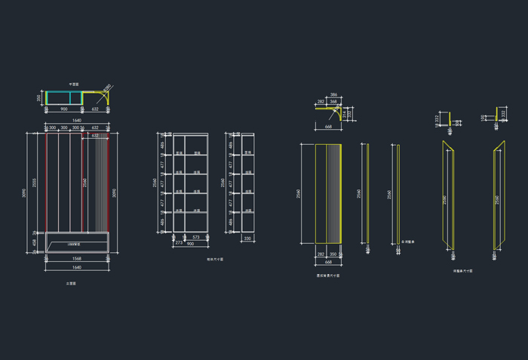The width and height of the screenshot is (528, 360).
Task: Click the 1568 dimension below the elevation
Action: pyautogui.click(x=77, y=259)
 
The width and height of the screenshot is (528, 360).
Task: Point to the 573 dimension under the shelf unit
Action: pyautogui.click(x=196, y=238)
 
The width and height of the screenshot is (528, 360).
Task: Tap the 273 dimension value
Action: pyautogui.click(x=179, y=243)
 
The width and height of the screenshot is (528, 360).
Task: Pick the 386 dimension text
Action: pyautogui.click(x=333, y=95)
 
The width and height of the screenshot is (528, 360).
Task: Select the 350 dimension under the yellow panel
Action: pyautogui.click(x=333, y=254)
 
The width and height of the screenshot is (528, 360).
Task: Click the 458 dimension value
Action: pyautogui.click(x=34, y=242)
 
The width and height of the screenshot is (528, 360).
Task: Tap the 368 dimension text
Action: pyautogui.click(x=333, y=101)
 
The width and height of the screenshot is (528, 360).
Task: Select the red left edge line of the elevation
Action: pyautogui.click(x=46, y=181)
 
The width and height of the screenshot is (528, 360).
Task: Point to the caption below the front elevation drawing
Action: pyautogui.click(x=71, y=284)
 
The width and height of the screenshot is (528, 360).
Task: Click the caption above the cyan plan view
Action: pyautogui.click(x=74, y=84)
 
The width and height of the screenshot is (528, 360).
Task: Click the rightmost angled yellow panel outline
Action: pyautogui.click(x=498, y=195)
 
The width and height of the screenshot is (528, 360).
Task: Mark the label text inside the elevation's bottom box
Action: pyautogui.click(x=74, y=246)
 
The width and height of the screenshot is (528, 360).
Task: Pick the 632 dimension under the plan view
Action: pyautogui.click(x=95, y=109)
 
